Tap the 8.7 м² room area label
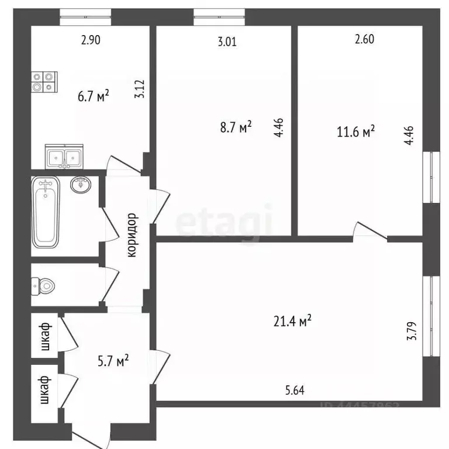pyautogui.click(x=236, y=127)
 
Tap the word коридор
pyautogui.click(x=132, y=235)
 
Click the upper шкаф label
pyautogui.click(x=45, y=337)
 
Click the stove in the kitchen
pyautogui.click(x=43, y=81)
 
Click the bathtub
pyautogui.click(x=46, y=213)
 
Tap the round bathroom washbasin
pyautogui.click(x=80, y=185)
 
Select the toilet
pyautogui.click(x=44, y=286)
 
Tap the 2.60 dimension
pyautogui.click(x=364, y=40)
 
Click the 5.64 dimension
pyautogui.click(x=295, y=390)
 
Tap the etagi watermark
pyautogui.click(x=225, y=223)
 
